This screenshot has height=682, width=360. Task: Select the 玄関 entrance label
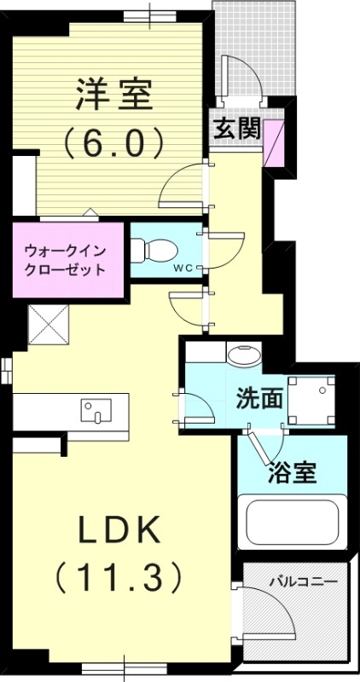point(236,129)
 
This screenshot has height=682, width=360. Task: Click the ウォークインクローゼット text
point(66,259)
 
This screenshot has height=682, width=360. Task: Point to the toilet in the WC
point(158,251)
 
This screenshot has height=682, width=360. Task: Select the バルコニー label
point(304,583)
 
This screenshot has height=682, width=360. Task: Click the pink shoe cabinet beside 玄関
point(275,143)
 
